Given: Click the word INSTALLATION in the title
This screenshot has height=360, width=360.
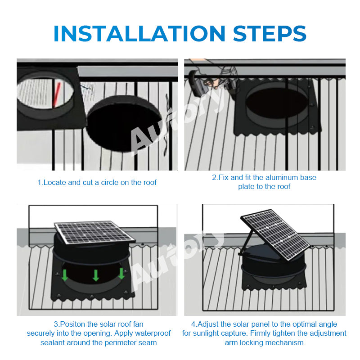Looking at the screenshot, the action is coord(139,33).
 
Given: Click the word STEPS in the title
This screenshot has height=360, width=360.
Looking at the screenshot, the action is coord(270,33).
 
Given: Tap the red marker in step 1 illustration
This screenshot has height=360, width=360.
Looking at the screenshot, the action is coord(57,95).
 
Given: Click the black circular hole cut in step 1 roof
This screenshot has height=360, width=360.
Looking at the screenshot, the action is coord(124,123).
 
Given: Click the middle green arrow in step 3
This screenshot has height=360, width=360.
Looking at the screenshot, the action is coord(95,275).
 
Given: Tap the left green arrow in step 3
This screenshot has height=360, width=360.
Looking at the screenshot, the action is coord(65,275).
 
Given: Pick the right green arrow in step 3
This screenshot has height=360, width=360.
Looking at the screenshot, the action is coord(121,274).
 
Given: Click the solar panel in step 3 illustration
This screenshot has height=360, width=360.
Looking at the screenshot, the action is coord(94,233).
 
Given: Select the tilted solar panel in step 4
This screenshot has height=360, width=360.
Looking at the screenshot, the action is coord(276,234).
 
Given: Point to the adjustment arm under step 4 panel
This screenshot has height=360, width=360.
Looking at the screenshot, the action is coord(247,242).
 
